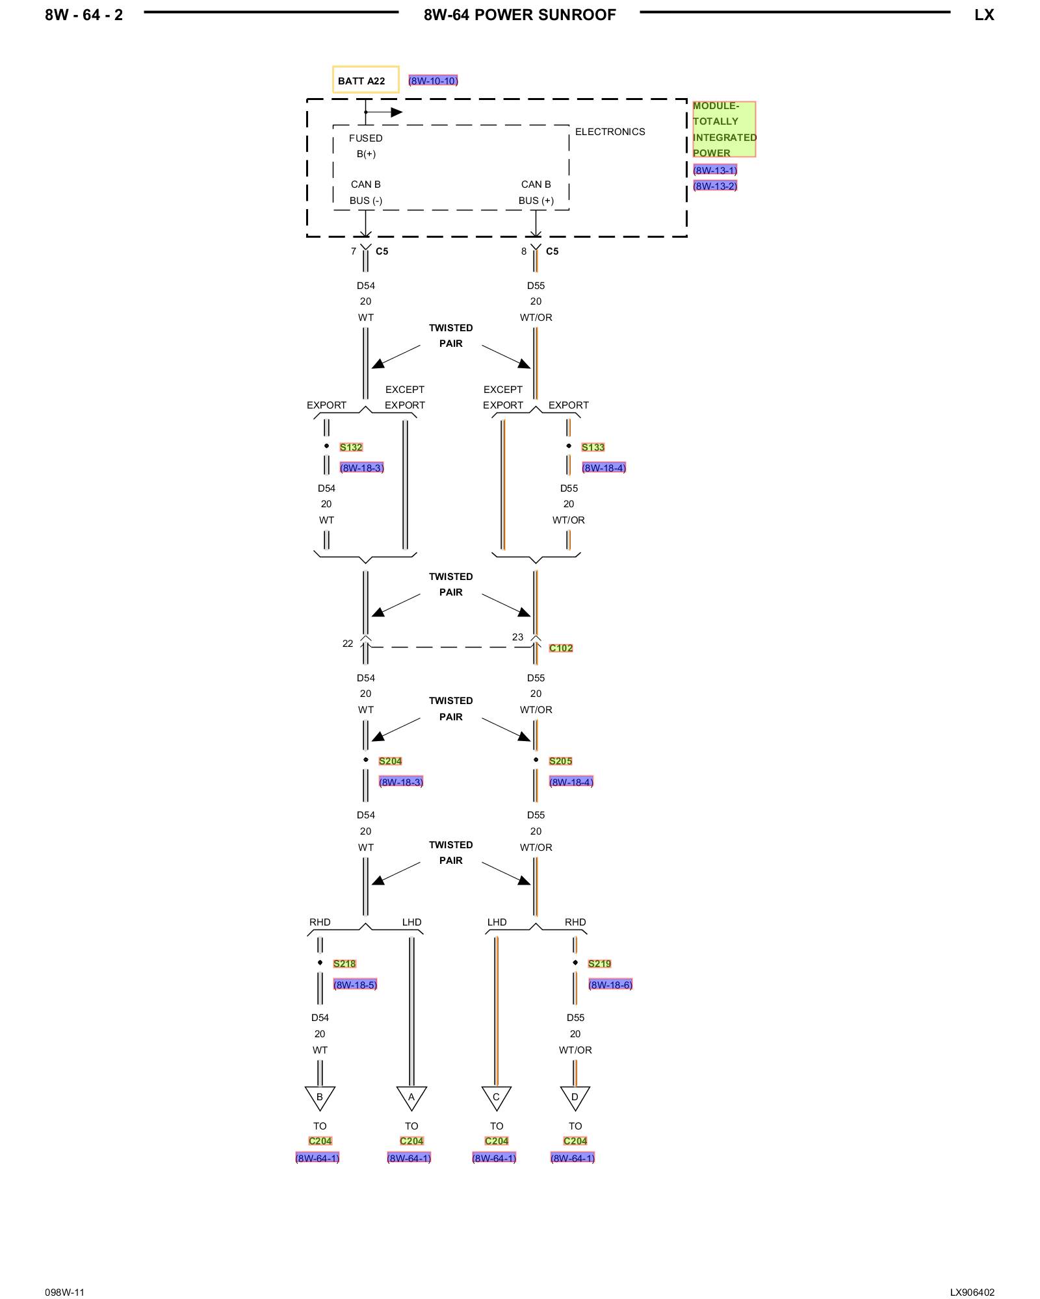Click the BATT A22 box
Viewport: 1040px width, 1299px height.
click(x=365, y=80)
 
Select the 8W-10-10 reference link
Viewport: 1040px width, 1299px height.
click(x=433, y=81)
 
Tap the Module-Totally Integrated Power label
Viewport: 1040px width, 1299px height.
click(x=723, y=129)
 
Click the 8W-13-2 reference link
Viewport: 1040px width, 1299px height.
click(x=714, y=186)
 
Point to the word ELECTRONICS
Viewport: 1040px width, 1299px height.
click(x=610, y=132)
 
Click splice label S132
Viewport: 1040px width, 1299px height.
click(x=351, y=447)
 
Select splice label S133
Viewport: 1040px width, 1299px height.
click(x=593, y=447)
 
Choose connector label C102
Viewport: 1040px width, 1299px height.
click(x=560, y=648)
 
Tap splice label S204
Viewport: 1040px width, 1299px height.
click(x=390, y=761)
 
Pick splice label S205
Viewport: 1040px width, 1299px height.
click(x=560, y=761)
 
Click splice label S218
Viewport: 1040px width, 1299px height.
click(x=344, y=963)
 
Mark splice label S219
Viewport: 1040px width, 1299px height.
click(x=599, y=963)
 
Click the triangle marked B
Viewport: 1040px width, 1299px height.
click(x=320, y=1097)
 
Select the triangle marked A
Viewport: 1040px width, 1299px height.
click(x=411, y=1097)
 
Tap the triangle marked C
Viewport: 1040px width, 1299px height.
click(x=496, y=1097)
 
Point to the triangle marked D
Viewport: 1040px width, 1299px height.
click(x=575, y=1097)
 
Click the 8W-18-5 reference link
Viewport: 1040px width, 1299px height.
click(x=355, y=985)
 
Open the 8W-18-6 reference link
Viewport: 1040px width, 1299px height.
click(x=610, y=985)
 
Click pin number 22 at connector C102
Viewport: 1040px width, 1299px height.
click(x=348, y=643)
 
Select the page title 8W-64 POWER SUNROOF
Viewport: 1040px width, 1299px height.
click(x=519, y=15)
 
